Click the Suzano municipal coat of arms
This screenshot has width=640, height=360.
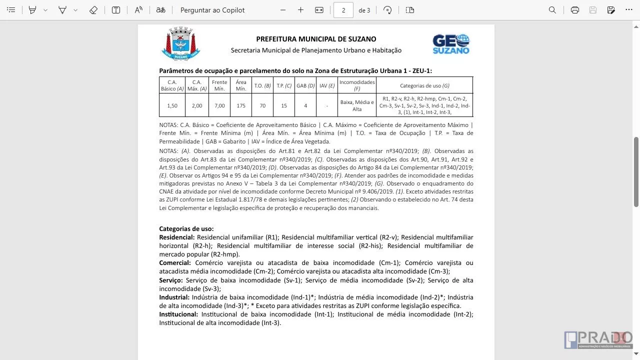pos(180,44)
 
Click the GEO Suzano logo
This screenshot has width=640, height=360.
pos(451,44)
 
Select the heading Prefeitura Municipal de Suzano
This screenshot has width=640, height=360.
pos(316,39)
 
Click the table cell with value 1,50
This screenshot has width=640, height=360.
pos(172,105)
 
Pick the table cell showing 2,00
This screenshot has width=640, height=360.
pos(197,105)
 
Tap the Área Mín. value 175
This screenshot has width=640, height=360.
pos(241,105)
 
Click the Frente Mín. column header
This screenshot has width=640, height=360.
pos(219,85)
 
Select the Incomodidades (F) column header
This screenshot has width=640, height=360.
pos(357,85)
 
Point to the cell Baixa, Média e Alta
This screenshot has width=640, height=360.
pos(357,105)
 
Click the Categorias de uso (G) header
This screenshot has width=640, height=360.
pos(424,85)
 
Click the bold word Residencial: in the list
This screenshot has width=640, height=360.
pos(177,237)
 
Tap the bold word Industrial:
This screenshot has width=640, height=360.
pos(174,297)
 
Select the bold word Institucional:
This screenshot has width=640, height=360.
pos(178,314)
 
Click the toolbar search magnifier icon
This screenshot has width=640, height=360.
pos(552,10)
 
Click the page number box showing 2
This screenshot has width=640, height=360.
pos(343,10)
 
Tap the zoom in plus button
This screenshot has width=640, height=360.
pos(300,10)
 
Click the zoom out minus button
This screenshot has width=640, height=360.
pos(283,10)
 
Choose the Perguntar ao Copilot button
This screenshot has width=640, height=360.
pos(212,10)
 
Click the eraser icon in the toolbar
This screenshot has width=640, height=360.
pos(93,10)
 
